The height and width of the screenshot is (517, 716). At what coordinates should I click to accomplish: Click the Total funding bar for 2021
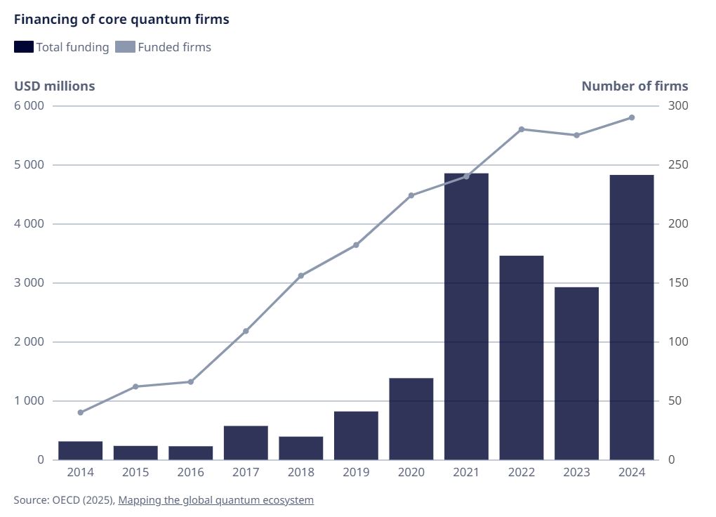tap(466, 316)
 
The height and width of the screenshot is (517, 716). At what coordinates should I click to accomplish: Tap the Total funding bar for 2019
tap(356, 436)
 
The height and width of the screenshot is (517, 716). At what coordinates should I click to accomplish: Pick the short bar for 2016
tap(190, 453)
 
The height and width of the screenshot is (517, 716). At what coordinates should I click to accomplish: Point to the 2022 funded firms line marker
tap(522, 129)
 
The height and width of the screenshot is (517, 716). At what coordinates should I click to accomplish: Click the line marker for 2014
tap(80, 412)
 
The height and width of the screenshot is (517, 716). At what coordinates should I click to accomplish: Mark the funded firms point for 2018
tap(301, 275)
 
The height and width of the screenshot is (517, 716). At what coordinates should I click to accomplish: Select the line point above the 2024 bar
tap(632, 117)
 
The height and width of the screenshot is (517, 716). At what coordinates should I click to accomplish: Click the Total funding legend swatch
tap(23, 47)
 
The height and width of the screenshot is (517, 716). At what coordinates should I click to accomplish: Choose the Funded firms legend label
tap(174, 47)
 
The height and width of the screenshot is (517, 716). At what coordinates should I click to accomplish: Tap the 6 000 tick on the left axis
tap(29, 106)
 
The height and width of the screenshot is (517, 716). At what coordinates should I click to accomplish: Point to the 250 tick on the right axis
tap(678, 165)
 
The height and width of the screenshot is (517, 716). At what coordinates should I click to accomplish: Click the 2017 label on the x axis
tap(246, 472)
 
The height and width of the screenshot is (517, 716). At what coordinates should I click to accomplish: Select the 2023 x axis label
tap(576, 472)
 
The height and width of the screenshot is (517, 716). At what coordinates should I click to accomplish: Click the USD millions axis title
tap(55, 86)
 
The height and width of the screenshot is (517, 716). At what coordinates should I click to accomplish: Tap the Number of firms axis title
tap(635, 86)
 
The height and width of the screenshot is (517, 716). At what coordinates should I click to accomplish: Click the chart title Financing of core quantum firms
tap(121, 20)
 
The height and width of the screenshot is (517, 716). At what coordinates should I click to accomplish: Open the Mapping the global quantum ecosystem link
tap(216, 500)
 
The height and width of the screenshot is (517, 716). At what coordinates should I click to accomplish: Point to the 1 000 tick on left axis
tap(29, 401)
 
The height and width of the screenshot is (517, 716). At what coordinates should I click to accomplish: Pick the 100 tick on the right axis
tap(678, 342)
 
